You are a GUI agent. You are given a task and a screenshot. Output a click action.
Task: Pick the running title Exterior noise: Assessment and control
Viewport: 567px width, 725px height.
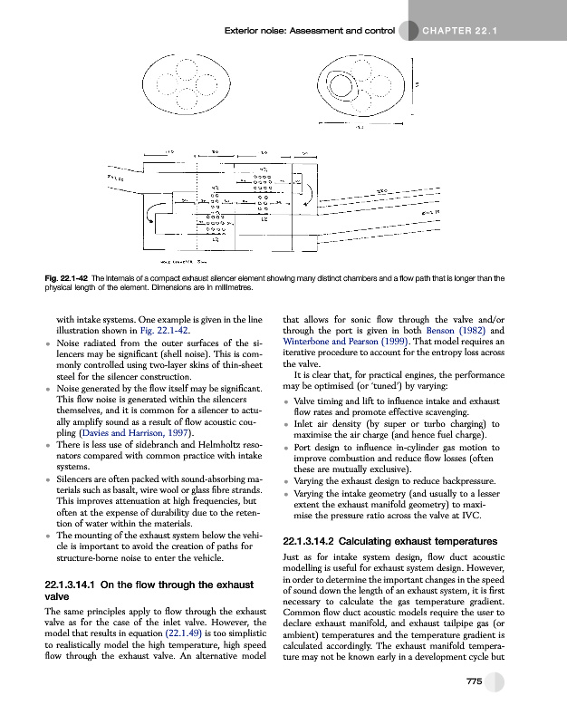point(308,34)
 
